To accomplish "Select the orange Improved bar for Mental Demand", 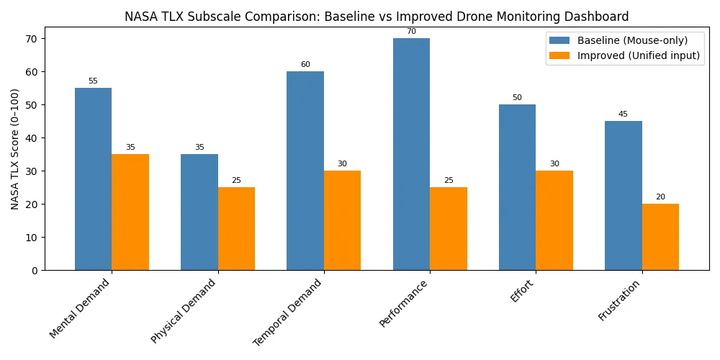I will [130, 212].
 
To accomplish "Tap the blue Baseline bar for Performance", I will [411, 154].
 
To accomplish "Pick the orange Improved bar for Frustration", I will [660, 237].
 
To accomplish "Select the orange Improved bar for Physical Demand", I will [236, 228].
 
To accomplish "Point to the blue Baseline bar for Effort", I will [517, 187].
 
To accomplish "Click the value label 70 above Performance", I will [411, 32].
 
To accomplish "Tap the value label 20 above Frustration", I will [660, 197].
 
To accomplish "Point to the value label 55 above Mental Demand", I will [93, 81].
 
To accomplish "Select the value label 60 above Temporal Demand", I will [305, 65].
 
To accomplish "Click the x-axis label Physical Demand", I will [184, 310].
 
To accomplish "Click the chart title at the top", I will [377, 15].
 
